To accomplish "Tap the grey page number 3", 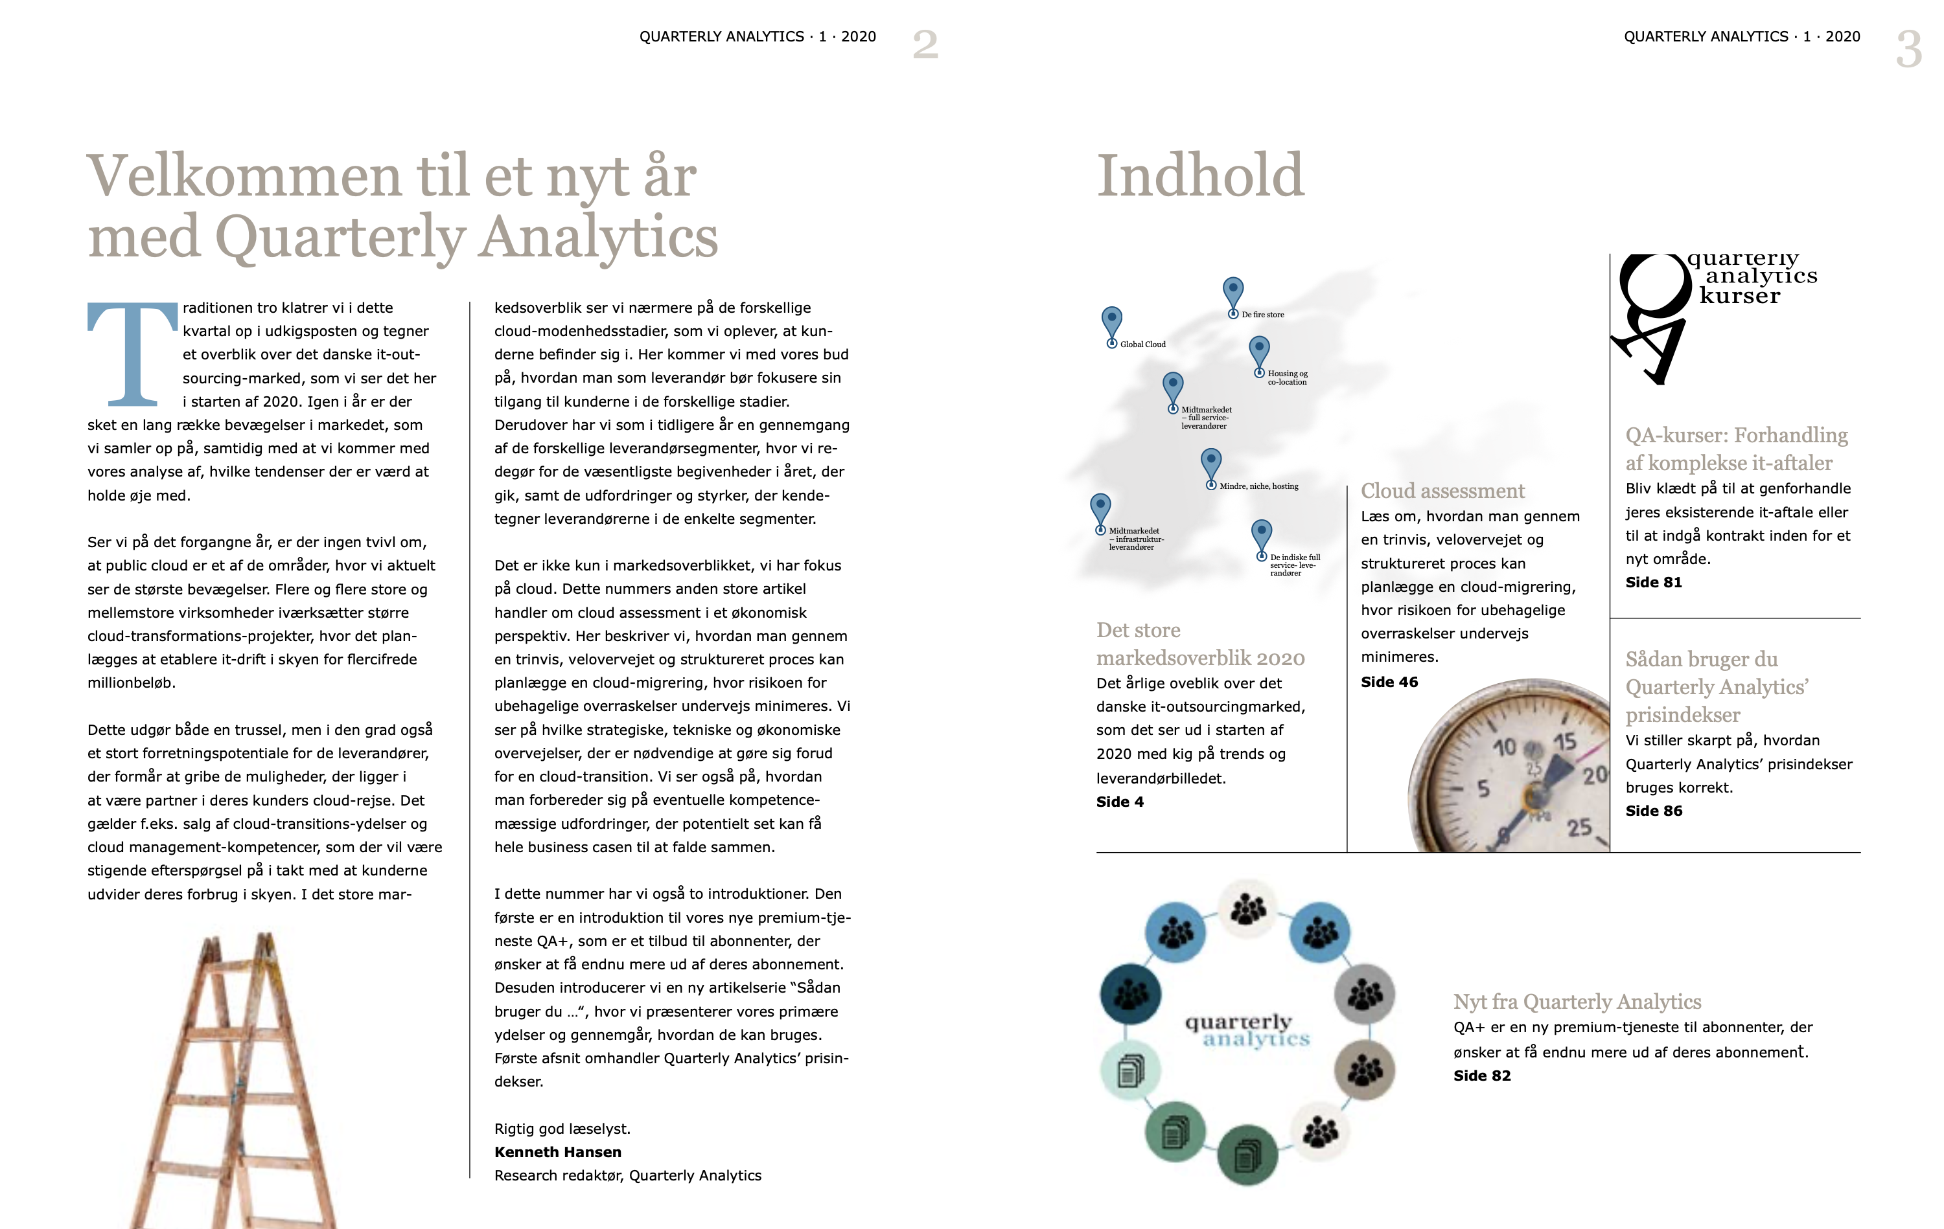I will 1908,49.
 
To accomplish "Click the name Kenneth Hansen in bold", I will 558,1151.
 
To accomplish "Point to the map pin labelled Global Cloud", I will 1112,322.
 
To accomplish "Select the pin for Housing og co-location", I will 1258,354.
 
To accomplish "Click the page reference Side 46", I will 1389,682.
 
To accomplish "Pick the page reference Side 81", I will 1653,582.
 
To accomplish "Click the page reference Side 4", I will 1119,802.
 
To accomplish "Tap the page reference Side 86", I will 1653,810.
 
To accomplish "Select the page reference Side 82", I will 1481,1075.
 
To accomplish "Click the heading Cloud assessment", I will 1442,491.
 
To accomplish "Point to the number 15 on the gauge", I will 1564,741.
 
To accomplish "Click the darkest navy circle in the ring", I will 1130,993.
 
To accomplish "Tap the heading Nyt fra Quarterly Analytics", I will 1577,1002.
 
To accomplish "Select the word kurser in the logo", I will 1739,296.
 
